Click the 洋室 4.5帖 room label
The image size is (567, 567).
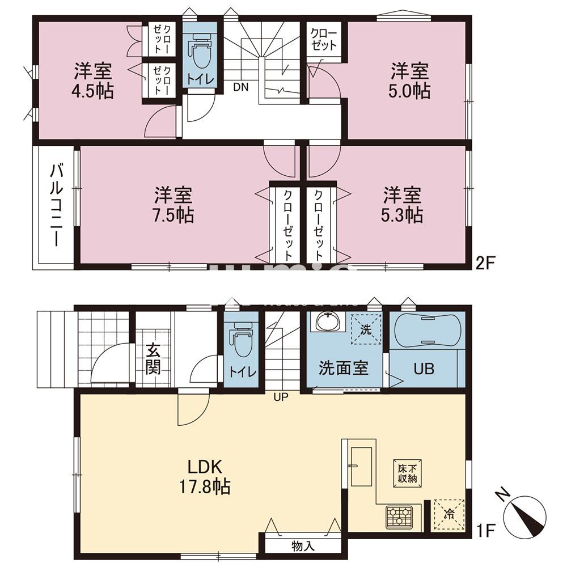coord(93,81)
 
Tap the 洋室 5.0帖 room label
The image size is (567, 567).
coord(409,81)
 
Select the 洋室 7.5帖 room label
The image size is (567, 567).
coord(174,205)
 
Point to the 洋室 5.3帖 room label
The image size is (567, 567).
coord(402,205)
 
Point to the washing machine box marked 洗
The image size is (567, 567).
coord(366,328)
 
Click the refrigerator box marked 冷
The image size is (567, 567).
coord(448,515)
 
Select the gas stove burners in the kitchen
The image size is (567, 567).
coord(400,517)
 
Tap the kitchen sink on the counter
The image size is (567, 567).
coord(361,466)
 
